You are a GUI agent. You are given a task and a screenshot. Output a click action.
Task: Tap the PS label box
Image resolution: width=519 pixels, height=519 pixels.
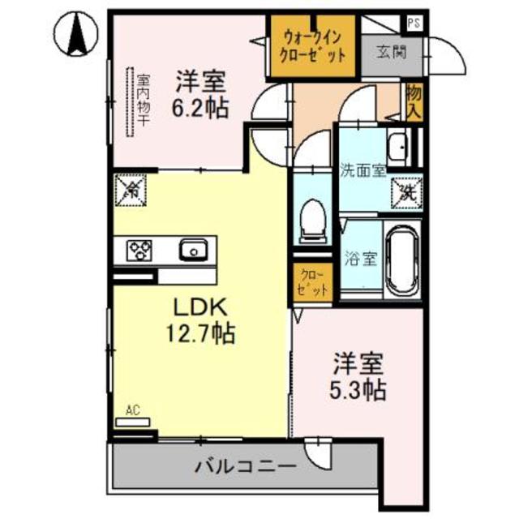tap(414, 23)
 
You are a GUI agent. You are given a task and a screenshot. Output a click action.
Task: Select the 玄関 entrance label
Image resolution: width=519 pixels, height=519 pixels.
tap(391, 54)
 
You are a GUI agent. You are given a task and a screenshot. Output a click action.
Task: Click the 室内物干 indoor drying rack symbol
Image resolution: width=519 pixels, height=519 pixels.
tap(130, 101)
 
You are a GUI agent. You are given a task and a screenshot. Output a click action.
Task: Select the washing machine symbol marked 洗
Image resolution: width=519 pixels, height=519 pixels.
tap(406, 193)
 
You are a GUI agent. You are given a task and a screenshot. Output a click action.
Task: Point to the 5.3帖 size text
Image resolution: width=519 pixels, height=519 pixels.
tap(357, 389)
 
